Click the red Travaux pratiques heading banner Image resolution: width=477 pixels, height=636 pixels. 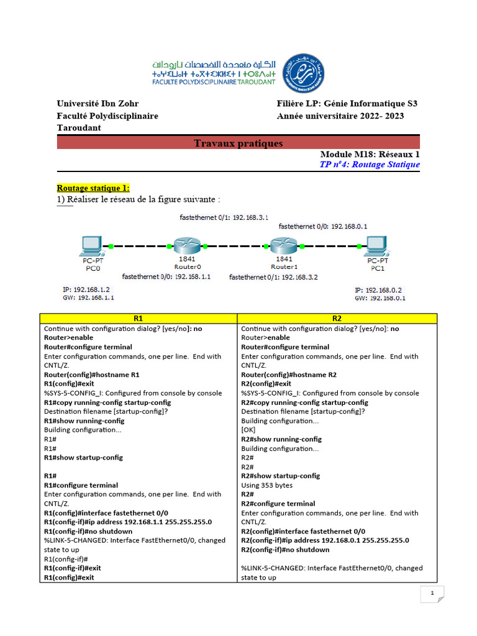click(x=238, y=143)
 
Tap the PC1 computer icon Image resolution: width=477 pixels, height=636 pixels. click(x=377, y=246)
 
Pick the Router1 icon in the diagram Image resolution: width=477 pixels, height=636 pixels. click(x=284, y=246)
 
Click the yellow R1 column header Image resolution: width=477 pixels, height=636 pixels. click(x=138, y=318)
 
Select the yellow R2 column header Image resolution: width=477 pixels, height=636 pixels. click(x=337, y=318)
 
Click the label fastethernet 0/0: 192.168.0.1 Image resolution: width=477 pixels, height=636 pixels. click(x=323, y=227)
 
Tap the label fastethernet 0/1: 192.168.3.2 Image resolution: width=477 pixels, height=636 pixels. click(x=273, y=277)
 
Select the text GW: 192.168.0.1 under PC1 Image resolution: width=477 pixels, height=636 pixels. click(x=380, y=298)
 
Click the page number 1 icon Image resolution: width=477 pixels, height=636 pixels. click(x=432, y=594)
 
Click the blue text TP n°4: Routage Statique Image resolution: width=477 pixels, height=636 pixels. click(x=369, y=165)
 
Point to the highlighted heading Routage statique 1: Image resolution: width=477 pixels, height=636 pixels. click(x=93, y=188)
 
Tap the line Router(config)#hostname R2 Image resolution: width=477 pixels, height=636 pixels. click(x=289, y=375)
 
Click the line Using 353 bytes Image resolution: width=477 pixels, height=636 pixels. click(x=266, y=485)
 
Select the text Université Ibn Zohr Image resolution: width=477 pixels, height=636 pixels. click(x=98, y=104)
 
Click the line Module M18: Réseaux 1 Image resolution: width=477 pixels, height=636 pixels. click(x=370, y=154)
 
